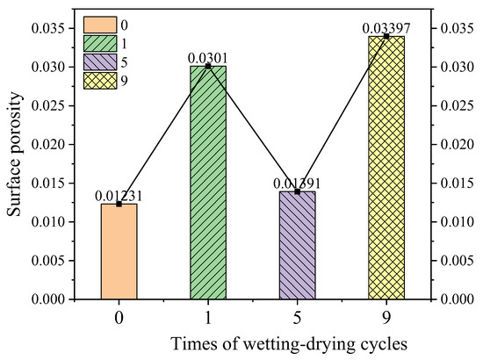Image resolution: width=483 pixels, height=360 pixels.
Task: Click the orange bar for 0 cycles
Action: (119, 252)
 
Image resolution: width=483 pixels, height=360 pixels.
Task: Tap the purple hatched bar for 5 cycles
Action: (298, 245)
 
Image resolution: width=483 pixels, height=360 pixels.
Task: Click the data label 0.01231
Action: (119, 196)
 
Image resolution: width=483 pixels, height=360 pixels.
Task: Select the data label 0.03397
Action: (385, 29)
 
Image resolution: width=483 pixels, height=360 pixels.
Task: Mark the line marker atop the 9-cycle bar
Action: (386, 36)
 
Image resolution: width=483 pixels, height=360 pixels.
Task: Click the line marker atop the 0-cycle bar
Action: (119, 204)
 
